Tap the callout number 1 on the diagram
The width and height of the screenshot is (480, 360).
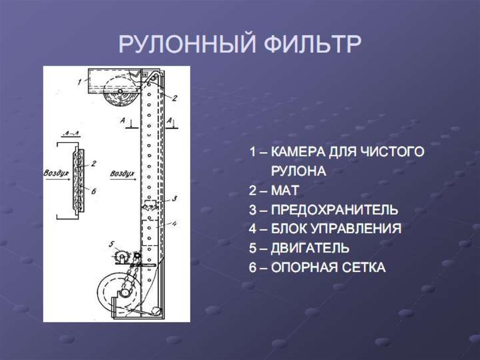(x=80, y=81)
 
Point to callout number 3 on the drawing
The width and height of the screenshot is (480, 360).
(x=174, y=198)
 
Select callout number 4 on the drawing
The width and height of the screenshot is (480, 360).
(x=173, y=224)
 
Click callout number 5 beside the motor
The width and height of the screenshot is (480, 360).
(x=111, y=244)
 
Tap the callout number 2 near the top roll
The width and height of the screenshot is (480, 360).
(x=174, y=98)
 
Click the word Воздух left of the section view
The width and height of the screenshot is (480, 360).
(x=56, y=173)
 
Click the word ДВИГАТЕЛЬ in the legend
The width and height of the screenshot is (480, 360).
(x=310, y=248)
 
